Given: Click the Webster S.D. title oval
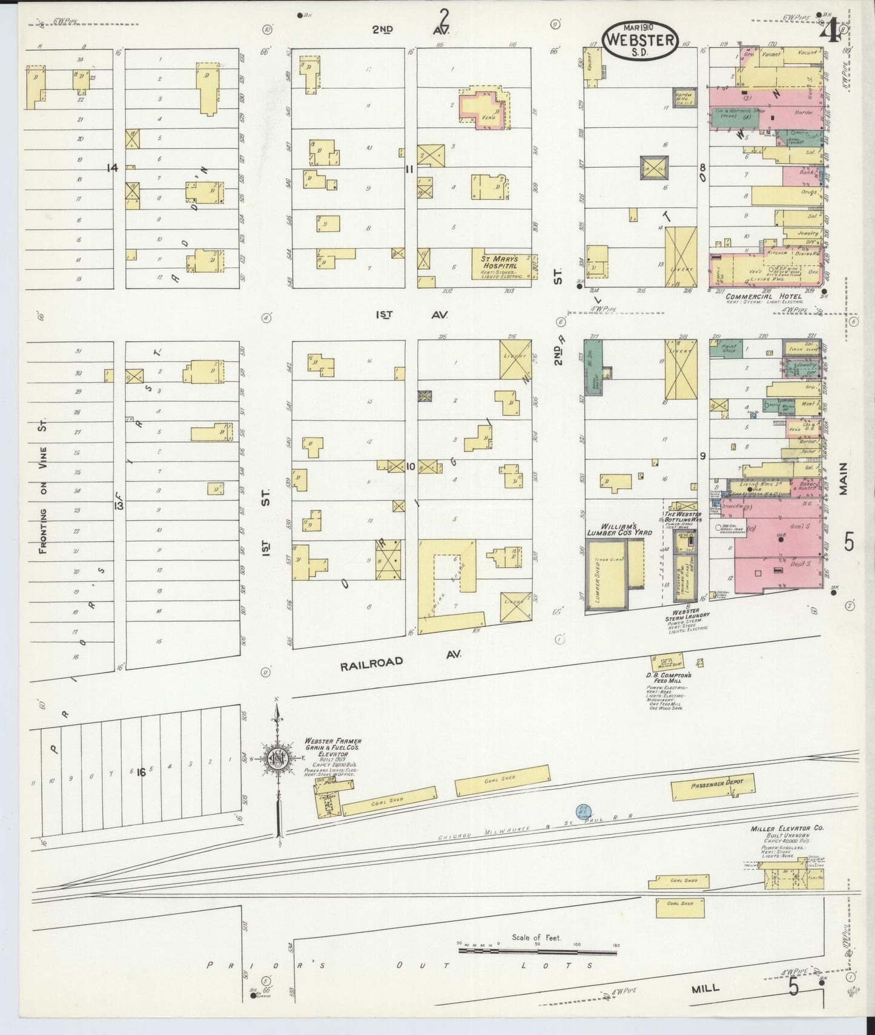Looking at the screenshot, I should coord(640,41).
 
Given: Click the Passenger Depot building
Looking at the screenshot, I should coord(714,787).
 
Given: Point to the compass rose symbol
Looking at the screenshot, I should coord(277,758).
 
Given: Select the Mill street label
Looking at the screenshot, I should coord(705,988).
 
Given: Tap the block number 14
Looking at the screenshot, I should coord(111,168).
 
